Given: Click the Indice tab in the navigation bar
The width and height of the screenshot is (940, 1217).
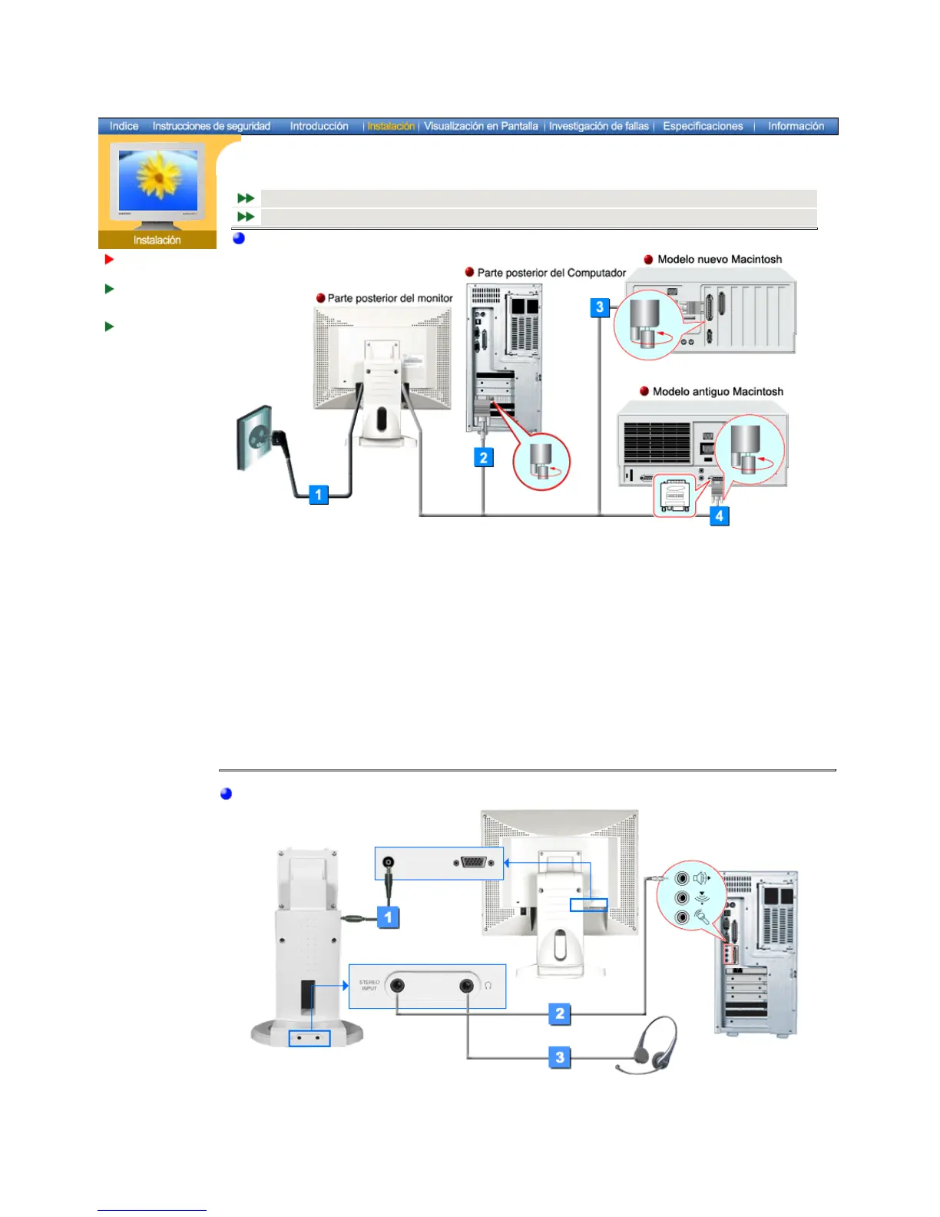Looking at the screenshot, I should coord(124,126).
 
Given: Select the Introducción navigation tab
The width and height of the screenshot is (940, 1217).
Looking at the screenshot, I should coord(319,126).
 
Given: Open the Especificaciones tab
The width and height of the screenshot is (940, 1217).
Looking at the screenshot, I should coord(703,126).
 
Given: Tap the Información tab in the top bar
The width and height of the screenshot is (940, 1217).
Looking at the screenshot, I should coord(796,126).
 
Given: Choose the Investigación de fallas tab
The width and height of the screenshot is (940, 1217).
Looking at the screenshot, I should coord(598,126).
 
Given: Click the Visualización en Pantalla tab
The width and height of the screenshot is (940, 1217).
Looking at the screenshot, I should coord(481,126).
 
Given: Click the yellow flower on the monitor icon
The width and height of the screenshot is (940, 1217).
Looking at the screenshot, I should coord(157,176).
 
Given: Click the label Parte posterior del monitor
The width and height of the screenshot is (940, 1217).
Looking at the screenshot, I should coord(390,298).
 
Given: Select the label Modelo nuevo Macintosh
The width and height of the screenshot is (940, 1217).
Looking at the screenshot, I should coord(720,260).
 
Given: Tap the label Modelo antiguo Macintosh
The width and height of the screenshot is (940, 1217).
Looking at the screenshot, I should coord(717,392).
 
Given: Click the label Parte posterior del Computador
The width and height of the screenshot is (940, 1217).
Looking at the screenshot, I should coord(551,273).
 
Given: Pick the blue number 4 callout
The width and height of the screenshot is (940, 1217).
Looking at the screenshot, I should coord(719,516).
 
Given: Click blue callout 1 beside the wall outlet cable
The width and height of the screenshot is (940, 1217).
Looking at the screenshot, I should coord(319,494).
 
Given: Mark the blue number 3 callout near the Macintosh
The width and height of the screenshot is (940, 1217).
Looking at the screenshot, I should coord(600,307).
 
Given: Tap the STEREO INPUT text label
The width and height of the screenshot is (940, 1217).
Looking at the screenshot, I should coord(369,985).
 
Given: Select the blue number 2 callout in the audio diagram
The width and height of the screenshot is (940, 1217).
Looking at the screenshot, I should coord(560,1013).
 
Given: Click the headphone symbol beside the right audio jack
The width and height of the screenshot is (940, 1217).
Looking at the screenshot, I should coord(488,986).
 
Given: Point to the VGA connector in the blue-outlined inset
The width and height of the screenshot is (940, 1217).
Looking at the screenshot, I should coord(472,862).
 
